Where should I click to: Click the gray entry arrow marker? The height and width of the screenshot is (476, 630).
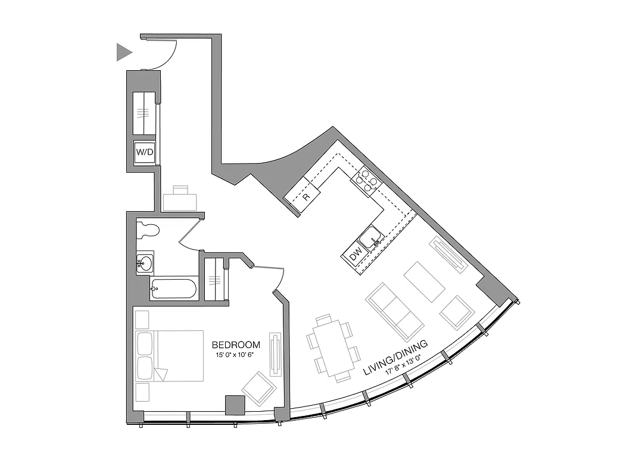coord(123,52)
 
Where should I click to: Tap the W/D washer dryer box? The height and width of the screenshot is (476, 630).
coord(145,152)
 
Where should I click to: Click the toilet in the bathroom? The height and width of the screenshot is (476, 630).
coord(149,229)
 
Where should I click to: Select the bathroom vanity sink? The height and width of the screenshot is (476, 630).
coord(145,262)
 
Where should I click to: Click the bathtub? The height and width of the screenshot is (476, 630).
coord(173,289)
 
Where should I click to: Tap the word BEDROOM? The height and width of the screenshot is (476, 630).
coord(236,345)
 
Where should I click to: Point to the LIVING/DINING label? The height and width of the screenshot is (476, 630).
coord(396,358)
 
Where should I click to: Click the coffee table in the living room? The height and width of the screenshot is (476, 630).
coord(425,281)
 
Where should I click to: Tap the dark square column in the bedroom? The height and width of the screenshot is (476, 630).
coord(235,405)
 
